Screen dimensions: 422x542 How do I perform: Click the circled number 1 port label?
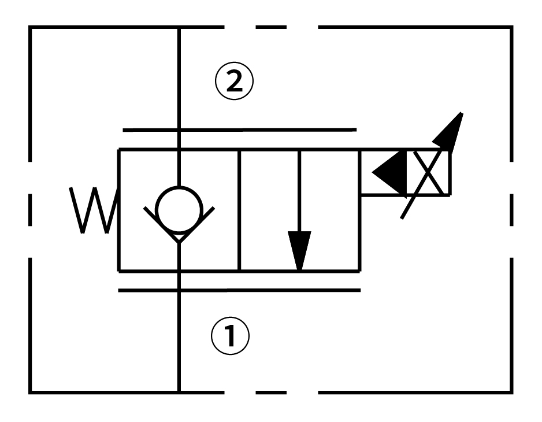pyautogui.click(x=231, y=335)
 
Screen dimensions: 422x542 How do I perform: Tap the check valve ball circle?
pyautogui.click(x=179, y=206)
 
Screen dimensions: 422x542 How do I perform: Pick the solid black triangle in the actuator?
pyautogui.click(x=390, y=172)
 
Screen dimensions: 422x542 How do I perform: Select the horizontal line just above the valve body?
pyautogui.click(x=239, y=129)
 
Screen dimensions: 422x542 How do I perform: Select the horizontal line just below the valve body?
pyautogui.click(x=239, y=290)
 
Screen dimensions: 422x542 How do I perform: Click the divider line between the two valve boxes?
pyautogui.click(x=239, y=209)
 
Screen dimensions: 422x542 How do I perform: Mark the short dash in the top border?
pyautogui.click(x=270, y=27)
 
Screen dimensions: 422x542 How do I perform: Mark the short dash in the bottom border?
pyautogui.click(x=270, y=393)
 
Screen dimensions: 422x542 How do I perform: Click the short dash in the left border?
pyautogui.click(x=29, y=209)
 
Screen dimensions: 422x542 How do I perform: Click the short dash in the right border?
pyautogui.click(x=511, y=209)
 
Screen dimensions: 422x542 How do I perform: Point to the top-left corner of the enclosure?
pyautogui.click(x=30, y=27)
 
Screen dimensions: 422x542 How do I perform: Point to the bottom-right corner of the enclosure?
pyautogui.click(x=511, y=393)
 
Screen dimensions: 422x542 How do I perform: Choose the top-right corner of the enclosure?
pyautogui.click(x=511, y=27)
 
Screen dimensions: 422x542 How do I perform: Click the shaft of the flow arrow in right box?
pyautogui.click(x=299, y=191)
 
